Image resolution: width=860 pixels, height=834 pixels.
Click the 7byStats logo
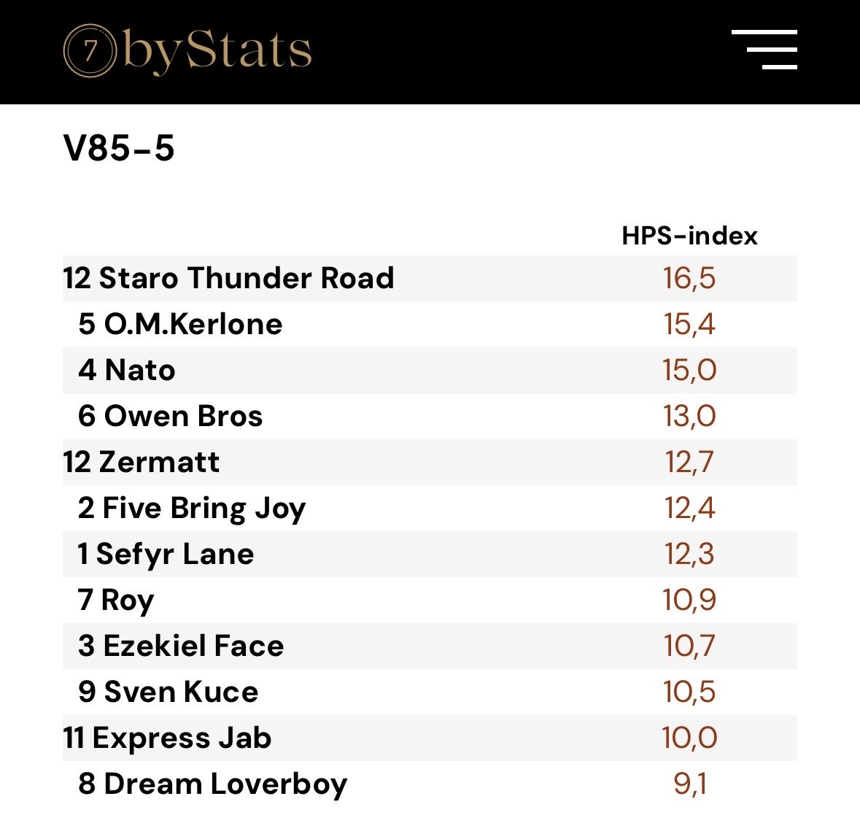[x=187, y=51]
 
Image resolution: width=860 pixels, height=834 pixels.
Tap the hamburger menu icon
[x=764, y=50]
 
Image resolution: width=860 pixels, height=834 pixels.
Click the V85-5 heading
[x=119, y=148]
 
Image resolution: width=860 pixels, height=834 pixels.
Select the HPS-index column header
[x=689, y=236]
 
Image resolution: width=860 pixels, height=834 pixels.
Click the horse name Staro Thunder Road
[x=246, y=278]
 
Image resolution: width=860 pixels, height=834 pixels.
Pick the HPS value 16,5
[x=689, y=278]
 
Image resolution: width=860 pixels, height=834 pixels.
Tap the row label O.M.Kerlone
[x=193, y=324]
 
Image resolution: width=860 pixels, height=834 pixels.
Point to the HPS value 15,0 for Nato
[x=689, y=370]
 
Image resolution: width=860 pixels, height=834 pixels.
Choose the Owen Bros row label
[x=183, y=416]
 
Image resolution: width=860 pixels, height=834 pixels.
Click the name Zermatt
[x=158, y=462]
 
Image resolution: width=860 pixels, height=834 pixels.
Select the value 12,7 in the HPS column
[x=689, y=462]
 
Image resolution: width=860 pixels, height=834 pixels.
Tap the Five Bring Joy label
[x=204, y=508]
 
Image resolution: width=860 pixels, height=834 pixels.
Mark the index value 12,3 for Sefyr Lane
[x=689, y=554]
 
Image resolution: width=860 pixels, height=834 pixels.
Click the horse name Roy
[x=127, y=600]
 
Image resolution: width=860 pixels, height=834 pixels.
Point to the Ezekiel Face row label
[x=193, y=646]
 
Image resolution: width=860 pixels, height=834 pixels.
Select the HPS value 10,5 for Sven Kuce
[x=689, y=692]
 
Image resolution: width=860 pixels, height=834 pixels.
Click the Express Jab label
[x=182, y=738]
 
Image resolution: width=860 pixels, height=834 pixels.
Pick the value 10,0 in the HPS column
[x=689, y=738]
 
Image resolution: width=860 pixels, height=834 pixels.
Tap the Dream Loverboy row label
[x=225, y=784]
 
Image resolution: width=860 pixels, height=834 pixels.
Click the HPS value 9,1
[x=689, y=784]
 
